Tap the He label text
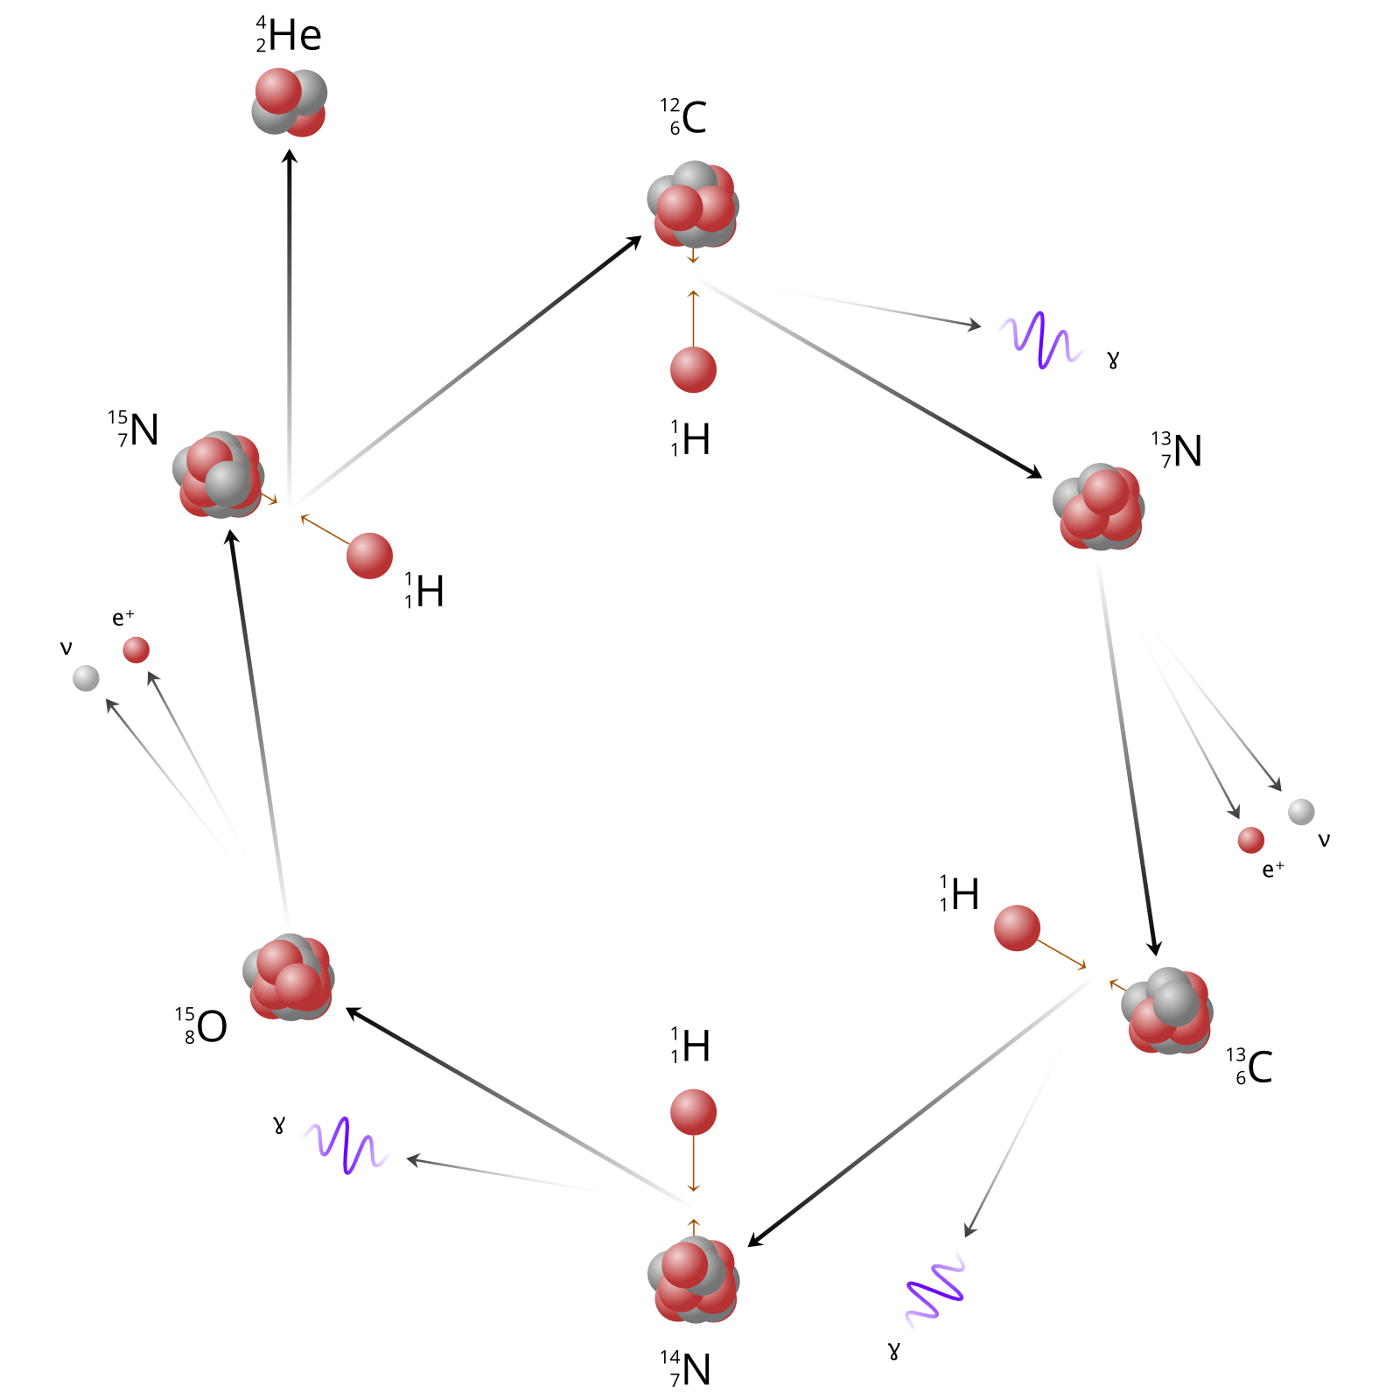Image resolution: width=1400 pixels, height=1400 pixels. (290, 36)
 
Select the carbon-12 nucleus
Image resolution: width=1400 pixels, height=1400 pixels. (693, 205)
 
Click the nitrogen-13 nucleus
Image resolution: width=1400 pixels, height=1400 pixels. (1099, 507)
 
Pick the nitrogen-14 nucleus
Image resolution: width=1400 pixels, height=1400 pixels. (693, 1279)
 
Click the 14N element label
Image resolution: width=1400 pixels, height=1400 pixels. (686, 1369)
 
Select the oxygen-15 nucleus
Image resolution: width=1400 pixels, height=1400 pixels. (288, 977)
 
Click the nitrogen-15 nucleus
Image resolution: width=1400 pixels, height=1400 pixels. (218, 474)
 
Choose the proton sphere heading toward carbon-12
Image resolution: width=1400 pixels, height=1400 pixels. (693, 370)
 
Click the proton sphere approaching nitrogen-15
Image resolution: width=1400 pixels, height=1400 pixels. (369, 556)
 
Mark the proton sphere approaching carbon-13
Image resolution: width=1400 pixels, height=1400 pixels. (1017, 927)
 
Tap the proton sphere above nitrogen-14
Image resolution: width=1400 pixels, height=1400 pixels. (693, 1112)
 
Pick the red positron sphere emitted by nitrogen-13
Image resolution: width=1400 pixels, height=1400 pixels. (1250, 840)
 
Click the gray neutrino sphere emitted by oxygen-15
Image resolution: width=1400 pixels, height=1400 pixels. (86, 678)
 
